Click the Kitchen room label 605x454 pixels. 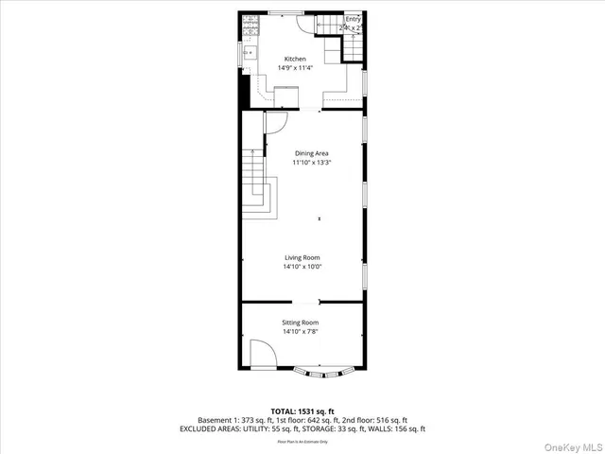pos(296,59)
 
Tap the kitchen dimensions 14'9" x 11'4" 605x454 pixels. pos(296,68)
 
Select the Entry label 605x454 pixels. pos(353,19)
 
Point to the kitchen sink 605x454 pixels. pos(251,53)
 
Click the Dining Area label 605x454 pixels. pos(312,153)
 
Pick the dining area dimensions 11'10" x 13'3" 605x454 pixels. pos(312,163)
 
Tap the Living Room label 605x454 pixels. pos(302,257)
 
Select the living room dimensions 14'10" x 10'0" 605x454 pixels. pos(302,267)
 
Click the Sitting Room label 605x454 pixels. pos(300,323)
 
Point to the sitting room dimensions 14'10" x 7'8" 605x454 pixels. pos(300,332)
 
